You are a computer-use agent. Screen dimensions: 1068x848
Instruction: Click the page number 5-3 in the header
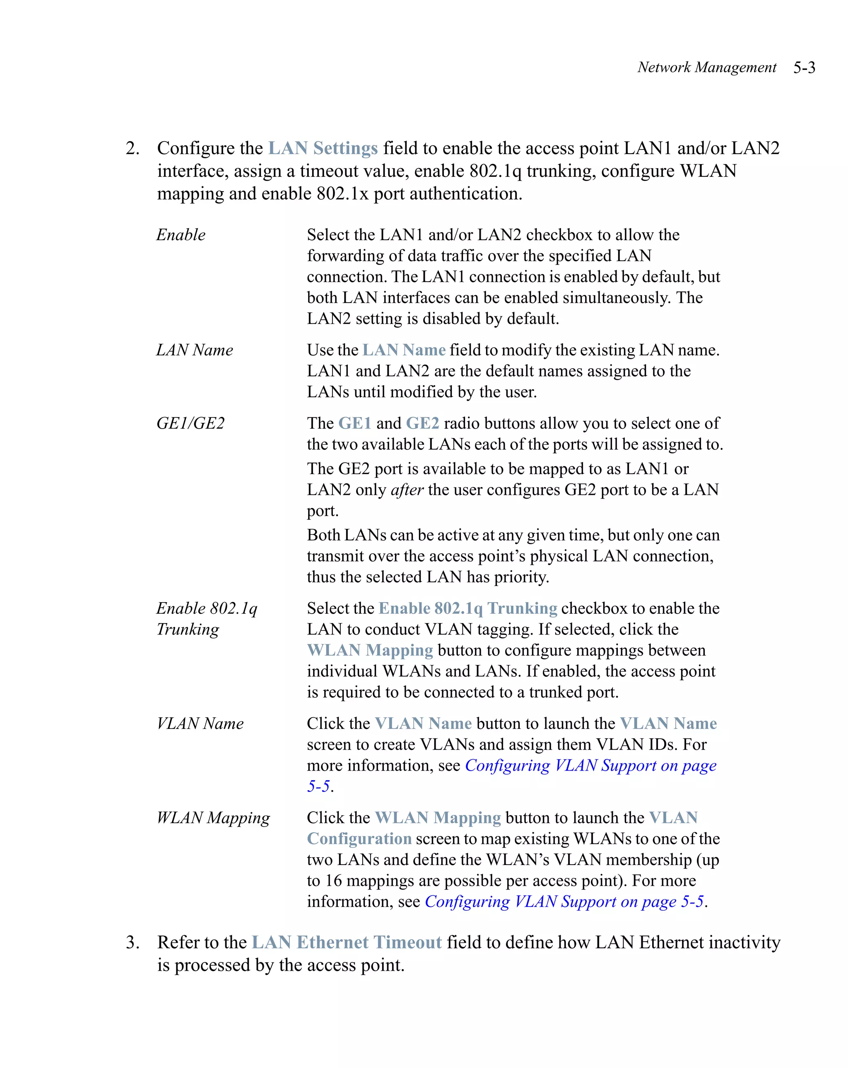pyautogui.click(x=803, y=68)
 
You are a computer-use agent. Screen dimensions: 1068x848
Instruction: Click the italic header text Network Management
pyautogui.click(x=706, y=68)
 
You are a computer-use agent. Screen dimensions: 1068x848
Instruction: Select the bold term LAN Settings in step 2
pyautogui.click(x=323, y=148)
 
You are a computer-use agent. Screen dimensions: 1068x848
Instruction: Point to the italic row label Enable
pyautogui.click(x=181, y=235)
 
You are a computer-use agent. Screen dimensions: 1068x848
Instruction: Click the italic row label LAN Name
pyautogui.click(x=195, y=350)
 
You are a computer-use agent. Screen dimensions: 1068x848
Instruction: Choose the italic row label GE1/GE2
pyautogui.click(x=190, y=424)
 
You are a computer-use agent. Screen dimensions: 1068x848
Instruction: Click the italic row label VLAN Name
pyautogui.click(x=200, y=724)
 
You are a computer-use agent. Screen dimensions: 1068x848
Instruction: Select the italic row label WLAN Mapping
pyautogui.click(x=213, y=818)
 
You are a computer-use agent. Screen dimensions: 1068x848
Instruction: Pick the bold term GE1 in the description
pyautogui.click(x=355, y=424)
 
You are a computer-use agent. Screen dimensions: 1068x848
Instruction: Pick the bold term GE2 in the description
pyautogui.click(x=422, y=424)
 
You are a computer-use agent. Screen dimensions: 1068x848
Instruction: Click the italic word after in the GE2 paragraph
pyautogui.click(x=407, y=490)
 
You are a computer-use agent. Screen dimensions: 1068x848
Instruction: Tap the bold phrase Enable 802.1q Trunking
pyautogui.click(x=467, y=608)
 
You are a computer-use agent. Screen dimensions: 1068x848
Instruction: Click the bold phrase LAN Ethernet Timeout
pyautogui.click(x=346, y=942)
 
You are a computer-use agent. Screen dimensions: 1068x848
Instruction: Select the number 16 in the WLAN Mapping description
pyautogui.click(x=333, y=881)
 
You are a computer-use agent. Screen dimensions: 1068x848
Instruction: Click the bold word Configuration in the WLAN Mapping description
pyautogui.click(x=359, y=839)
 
